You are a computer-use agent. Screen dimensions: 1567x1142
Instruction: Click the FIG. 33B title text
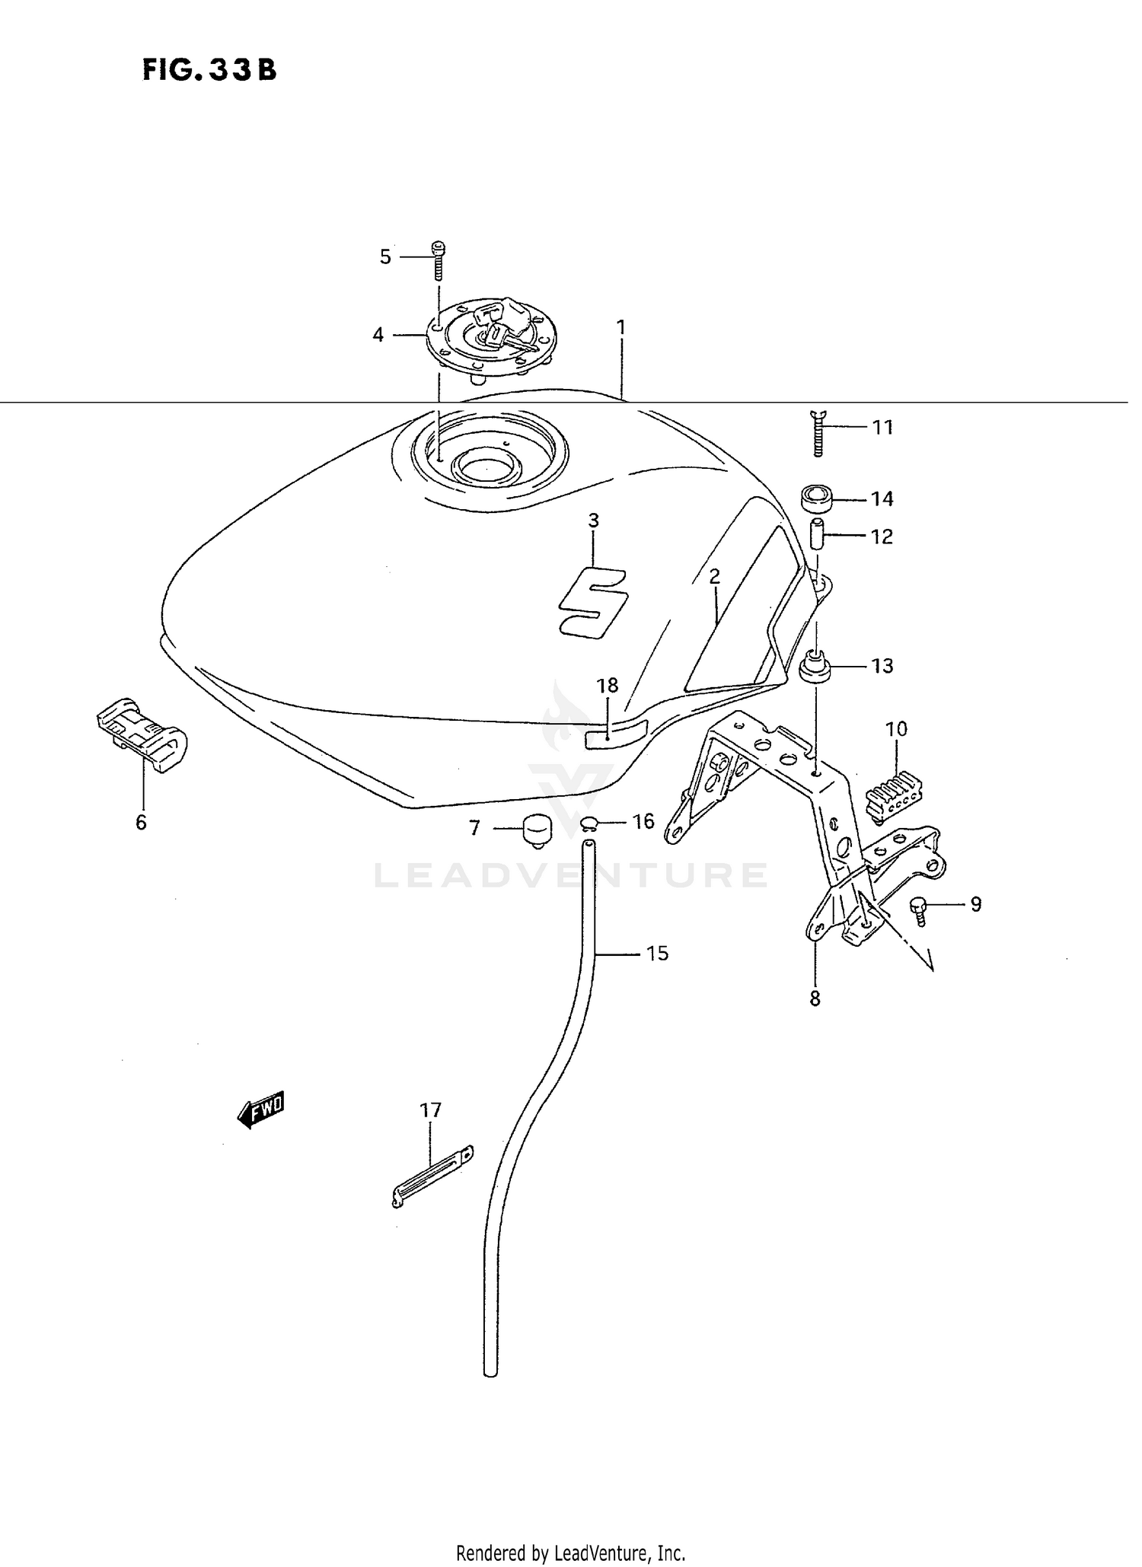(209, 70)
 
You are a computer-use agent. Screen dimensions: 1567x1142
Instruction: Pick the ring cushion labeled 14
(817, 501)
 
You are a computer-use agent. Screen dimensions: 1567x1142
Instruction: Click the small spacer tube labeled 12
(814, 535)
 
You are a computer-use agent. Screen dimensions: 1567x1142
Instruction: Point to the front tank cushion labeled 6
(142, 734)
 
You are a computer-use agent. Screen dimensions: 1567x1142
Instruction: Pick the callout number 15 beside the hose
(657, 953)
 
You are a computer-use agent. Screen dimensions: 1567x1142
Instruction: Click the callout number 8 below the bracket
(815, 998)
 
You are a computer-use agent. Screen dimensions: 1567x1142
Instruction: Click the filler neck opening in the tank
(488, 463)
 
